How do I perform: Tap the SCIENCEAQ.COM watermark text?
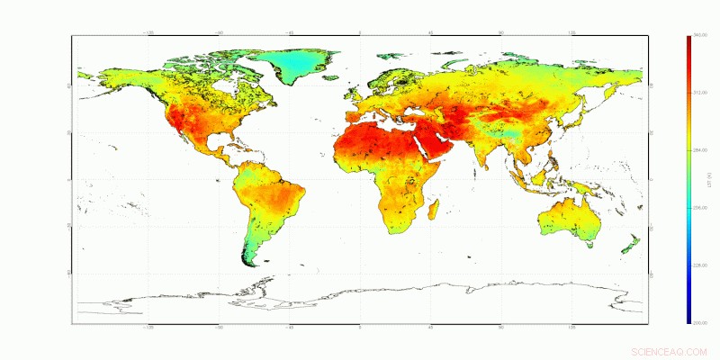coord(670,351)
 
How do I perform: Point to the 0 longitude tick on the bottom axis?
coord(360,327)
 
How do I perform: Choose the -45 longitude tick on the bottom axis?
coord(290,327)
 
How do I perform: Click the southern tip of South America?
coord(253,263)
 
